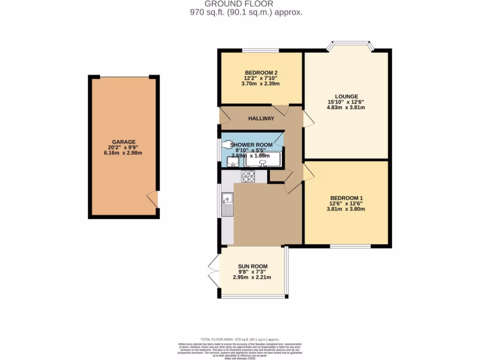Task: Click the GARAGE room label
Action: click(x=124, y=142)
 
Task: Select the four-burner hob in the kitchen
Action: click(x=248, y=176)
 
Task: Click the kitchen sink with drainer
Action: click(x=228, y=204)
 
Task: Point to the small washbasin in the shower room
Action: click(x=232, y=162)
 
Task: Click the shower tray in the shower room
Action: click(x=262, y=159)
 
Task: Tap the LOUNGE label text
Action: click(x=346, y=97)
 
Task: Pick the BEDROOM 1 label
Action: click(x=346, y=197)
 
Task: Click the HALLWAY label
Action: click(x=262, y=119)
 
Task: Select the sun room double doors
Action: click(x=214, y=271)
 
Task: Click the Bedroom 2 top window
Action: click(x=260, y=50)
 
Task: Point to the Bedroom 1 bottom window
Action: click(x=350, y=246)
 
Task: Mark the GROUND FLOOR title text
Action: click(x=246, y=4)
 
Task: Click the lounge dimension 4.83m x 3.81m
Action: click(x=346, y=107)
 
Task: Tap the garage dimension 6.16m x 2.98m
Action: click(x=123, y=153)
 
